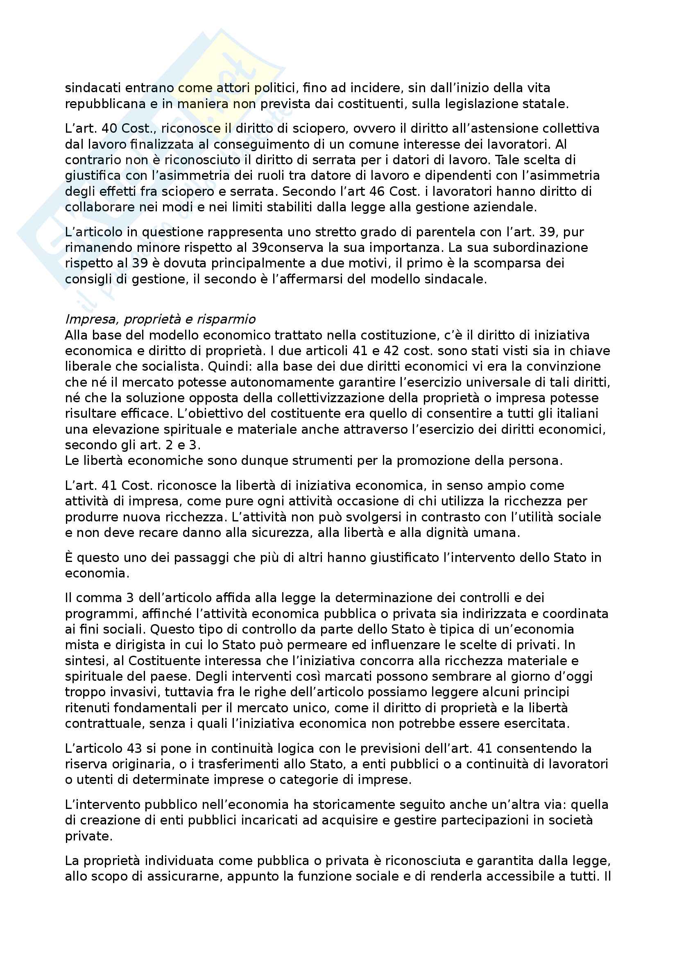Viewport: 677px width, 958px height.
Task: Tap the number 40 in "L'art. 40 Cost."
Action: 110,129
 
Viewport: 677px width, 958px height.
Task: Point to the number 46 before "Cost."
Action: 378,192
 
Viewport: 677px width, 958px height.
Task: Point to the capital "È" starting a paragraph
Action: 69,558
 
